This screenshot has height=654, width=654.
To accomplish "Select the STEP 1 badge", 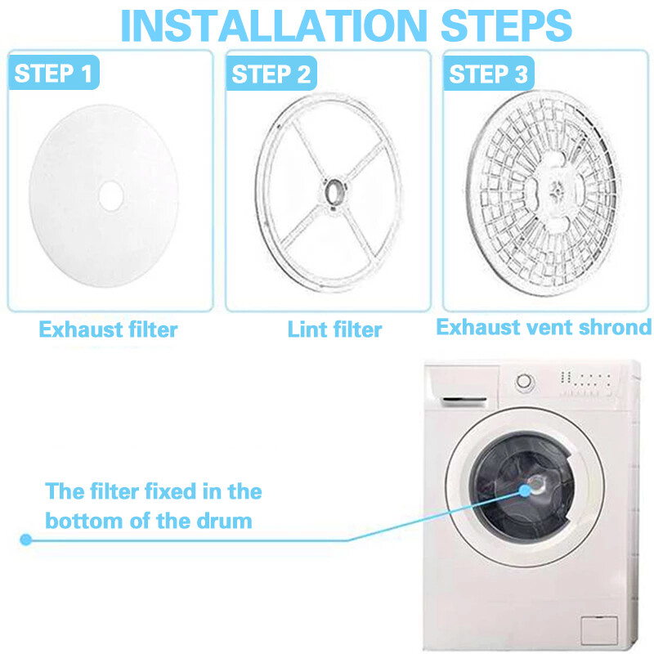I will (54, 74).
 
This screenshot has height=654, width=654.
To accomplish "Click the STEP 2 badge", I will (271, 74).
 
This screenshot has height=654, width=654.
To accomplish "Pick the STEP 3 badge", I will (489, 74).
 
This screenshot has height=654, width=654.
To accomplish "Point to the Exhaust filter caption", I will (108, 329).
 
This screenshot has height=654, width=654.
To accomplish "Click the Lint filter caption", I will (334, 329).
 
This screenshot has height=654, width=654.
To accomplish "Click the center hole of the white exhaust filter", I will (109, 195).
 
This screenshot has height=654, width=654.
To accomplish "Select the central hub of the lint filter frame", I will (334, 190).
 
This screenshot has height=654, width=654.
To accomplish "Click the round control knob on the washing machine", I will (523, 381).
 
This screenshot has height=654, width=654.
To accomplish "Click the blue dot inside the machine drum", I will (524, 490).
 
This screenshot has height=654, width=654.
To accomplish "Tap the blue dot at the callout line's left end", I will (25, 540).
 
